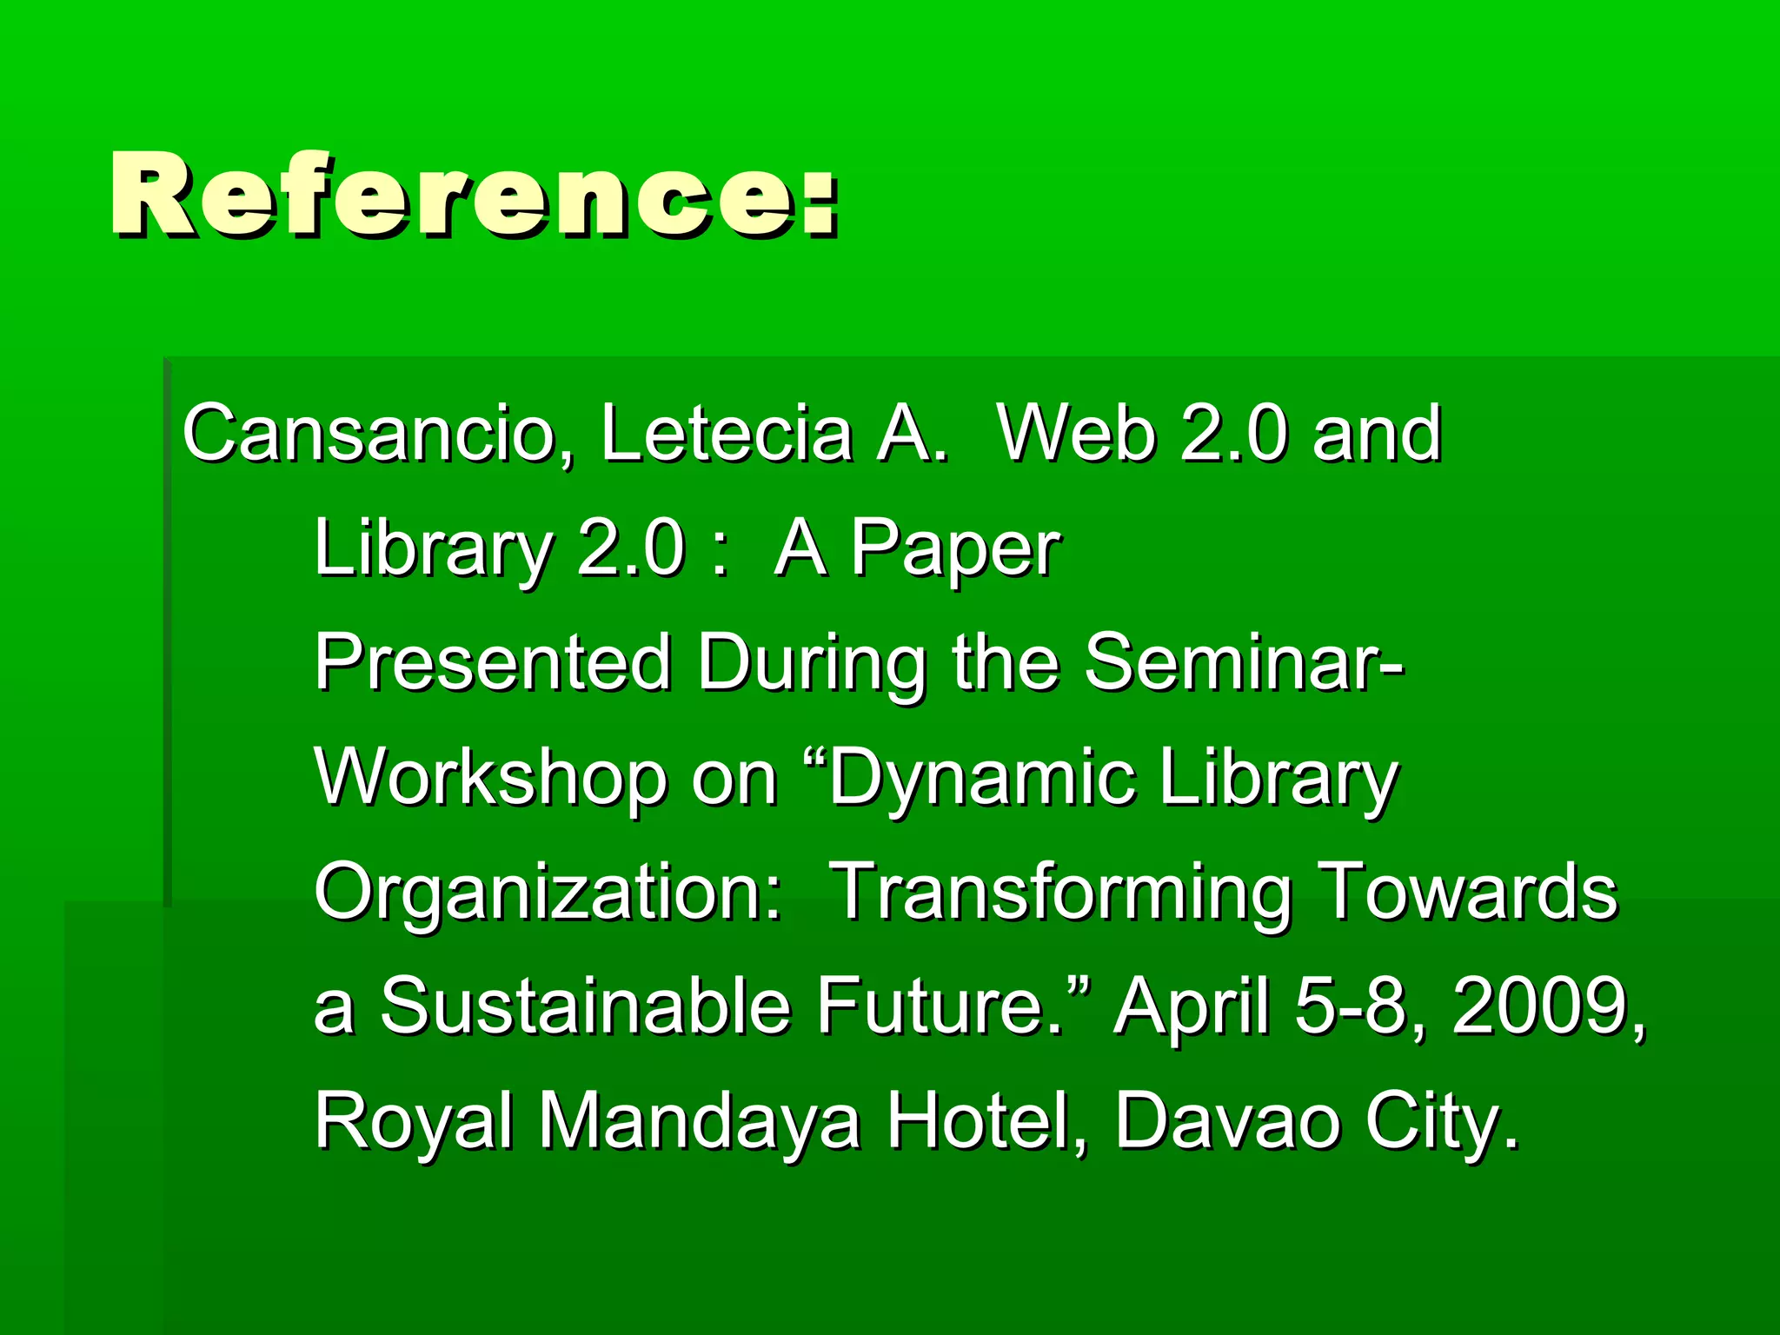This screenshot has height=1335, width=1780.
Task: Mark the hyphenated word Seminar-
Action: click(1244, 664)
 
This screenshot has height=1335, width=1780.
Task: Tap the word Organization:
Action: click(548, 893)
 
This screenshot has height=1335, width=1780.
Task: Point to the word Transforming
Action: click(1060, 893)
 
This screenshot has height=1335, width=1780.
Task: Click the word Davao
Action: click(1225, 1121)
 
